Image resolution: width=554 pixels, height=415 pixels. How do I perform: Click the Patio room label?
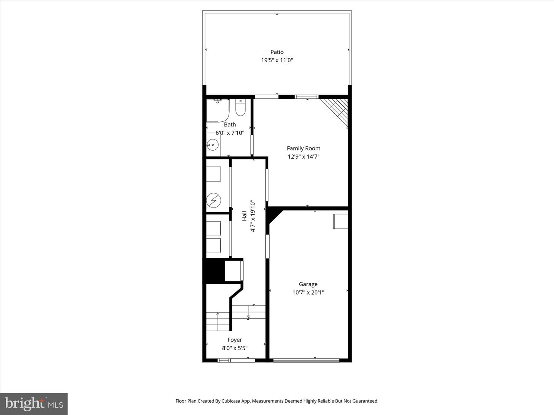pyautogui.click(x=277, y=52)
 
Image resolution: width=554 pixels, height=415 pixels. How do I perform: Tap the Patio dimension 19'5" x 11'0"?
pyautogui.click(x=277, y=60)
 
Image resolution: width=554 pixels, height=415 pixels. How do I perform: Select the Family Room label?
pyautogui.click(x=304, y=148)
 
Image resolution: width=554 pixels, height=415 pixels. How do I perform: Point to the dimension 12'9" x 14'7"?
pyautogui.click(x=304, y=157)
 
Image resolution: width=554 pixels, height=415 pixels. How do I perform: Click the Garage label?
pyautogui.click(x=308, y=284)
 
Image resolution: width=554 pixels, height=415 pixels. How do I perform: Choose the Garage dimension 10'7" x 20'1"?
pyautogui.click(x=308, y=292)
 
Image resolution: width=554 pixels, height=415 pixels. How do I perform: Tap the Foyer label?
pyautogui.click(x=235, y=340)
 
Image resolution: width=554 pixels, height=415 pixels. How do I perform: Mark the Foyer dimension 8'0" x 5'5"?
pyautogui.click(x=235, y=348)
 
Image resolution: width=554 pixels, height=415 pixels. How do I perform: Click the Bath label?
pyautogui.click(x=230, y=124)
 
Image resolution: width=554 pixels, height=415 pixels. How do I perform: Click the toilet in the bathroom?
pyautogui.click(x=240, y=108)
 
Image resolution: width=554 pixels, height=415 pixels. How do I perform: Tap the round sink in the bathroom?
pyautogui.click(x=212, y=145)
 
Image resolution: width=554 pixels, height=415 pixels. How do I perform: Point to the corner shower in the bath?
pyautogui.click(x=217, y=111)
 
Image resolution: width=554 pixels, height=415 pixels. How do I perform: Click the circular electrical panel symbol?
pyautogui.click(x=214, y=200)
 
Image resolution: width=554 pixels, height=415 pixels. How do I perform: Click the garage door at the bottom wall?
pyautogui.click(x=306, y=360)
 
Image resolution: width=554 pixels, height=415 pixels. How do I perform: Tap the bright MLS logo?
pyautogui.click(x=34, y=403)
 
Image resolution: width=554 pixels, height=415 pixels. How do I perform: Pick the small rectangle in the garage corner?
pyautogui.click(x=340, y=221)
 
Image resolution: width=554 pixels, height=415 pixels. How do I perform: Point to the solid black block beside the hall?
pyautogui.click(x=214, y=271)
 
